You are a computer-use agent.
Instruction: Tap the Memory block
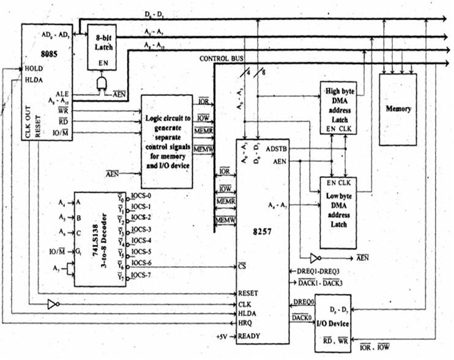[x=398, y=109]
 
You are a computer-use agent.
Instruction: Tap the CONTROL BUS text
[x=220, y=59]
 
